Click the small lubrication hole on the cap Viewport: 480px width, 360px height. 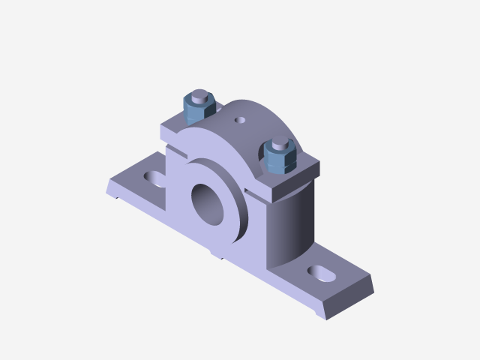[x=240, y=118]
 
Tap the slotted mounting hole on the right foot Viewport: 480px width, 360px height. [x=321, y=273]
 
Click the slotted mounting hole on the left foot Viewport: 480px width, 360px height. [x=155, y=178]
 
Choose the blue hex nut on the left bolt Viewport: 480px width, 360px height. [x=199, y=111]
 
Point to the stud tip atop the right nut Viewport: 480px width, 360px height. [x=280, y=142]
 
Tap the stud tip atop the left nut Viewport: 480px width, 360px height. [x=199, y=96]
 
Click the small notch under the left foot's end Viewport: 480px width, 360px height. [x=117, y=197]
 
